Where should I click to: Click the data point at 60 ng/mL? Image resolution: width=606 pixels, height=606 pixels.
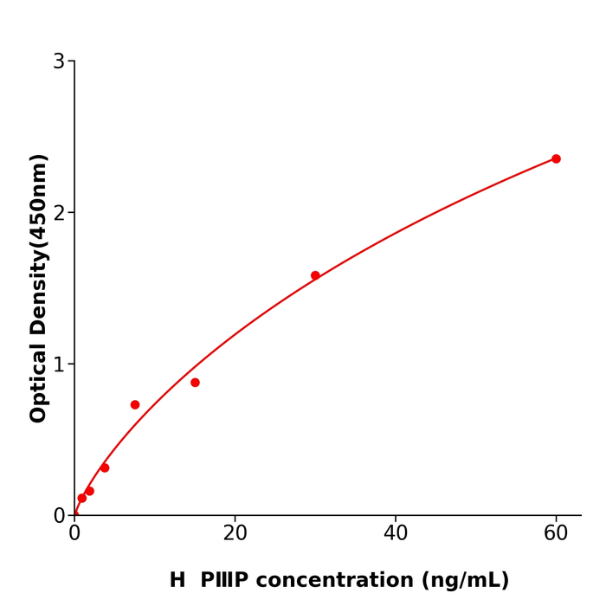pos(556,158)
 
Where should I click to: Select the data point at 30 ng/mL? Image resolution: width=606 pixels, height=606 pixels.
pos(315,275)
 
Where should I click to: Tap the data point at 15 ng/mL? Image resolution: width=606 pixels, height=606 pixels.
pos(195,383)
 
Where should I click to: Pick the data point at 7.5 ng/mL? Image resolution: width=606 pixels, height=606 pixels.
pos(135,404)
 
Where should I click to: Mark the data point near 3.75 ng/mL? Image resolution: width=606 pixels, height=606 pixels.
pos(105,467)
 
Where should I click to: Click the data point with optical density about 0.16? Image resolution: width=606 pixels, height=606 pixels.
pos(89,491)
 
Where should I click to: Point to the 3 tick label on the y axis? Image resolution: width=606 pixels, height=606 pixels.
pos(59,61)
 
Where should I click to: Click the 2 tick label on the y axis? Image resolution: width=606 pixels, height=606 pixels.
pos(59,213)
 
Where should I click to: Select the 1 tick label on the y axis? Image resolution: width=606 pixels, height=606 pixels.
pos(59,364)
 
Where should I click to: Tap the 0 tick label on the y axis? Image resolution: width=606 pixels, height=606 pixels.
pos(59,516)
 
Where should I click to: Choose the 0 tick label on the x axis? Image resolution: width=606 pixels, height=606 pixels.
pos(74,534)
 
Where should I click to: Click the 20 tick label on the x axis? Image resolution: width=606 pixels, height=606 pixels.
pos(235,534)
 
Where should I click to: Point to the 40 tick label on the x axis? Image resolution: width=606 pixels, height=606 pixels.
pos(396,534)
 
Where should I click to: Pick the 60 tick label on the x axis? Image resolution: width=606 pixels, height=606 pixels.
pos(556,534)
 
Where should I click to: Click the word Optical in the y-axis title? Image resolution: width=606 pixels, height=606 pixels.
pos(38,384)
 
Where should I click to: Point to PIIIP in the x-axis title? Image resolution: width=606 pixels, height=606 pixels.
pos(223,581)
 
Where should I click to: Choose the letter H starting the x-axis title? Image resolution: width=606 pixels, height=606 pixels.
pos(177,581)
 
